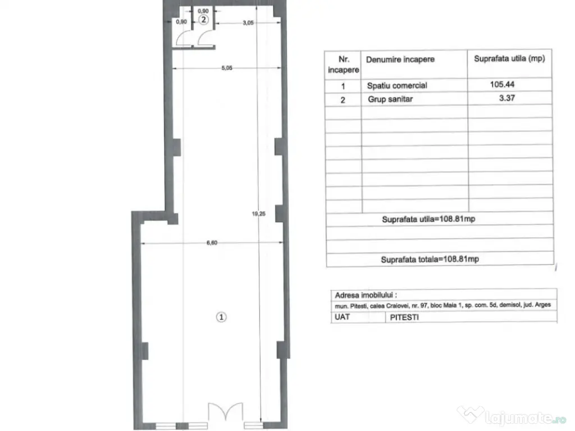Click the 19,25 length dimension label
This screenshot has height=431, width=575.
[x=258, y=214]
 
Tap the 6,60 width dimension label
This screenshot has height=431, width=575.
[x=212, y=242]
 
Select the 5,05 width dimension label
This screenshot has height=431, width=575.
[x=227, y=68]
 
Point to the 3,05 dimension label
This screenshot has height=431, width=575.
[x=248, y=22]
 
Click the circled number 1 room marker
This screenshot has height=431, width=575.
[x=221, y=317]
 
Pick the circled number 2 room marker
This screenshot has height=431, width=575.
[x=203, y=20]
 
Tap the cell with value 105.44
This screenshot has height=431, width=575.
[x=502, y=84]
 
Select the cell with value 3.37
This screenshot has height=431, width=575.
[x=507, y=98]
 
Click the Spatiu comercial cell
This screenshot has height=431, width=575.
[x=397, y=85]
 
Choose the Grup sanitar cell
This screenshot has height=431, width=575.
[x=390, y=99]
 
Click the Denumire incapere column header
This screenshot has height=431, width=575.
[x=400, y=59]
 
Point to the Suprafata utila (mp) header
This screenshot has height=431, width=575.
[x=509, y=58]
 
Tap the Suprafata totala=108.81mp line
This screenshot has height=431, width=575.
[x=430, y=259]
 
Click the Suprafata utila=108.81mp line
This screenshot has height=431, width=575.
[x=428, y=219]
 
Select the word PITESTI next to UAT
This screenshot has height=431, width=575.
[x=404, y=318]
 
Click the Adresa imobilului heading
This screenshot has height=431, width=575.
[x=366, y=295]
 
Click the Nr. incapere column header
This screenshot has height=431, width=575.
[x=343, y=65]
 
